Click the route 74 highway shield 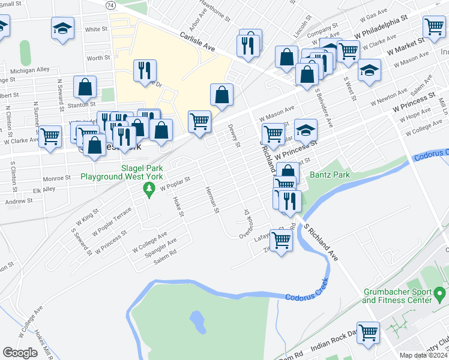(110, 4)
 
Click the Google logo (20, 353)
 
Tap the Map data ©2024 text (424, 355)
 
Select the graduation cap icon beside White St (62, 28)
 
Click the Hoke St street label (178, 207)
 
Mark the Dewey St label (234, 135)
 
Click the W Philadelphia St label (381, 26)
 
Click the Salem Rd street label (165, 257)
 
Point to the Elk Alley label (44, 188)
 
